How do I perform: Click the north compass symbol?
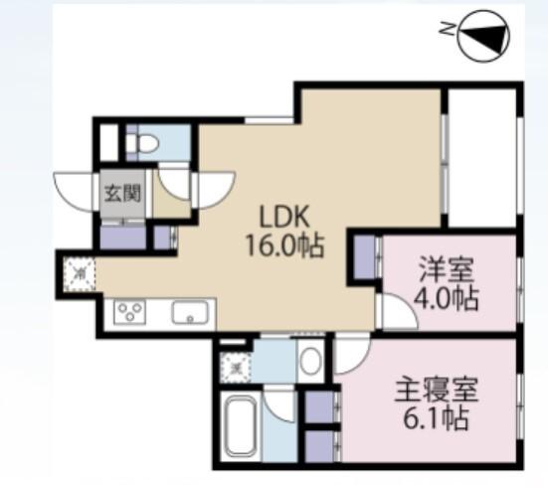[x=485, y=36]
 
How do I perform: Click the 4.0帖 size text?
[x=444, y=297]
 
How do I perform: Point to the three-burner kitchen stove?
[x=131, y=313]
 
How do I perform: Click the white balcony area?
[x=481, y=159]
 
